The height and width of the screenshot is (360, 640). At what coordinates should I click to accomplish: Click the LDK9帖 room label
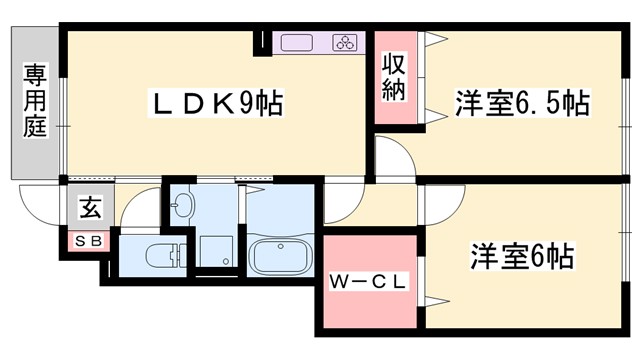216,103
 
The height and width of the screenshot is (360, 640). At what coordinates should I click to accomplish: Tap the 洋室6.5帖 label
521,103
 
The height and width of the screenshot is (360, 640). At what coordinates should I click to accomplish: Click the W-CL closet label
368,282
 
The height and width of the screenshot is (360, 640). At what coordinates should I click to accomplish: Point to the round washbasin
182,208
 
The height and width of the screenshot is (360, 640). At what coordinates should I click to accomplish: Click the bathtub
280,255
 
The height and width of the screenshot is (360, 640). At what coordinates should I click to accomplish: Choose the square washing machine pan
215,250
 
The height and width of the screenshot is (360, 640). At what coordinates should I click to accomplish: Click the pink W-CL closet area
368,300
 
